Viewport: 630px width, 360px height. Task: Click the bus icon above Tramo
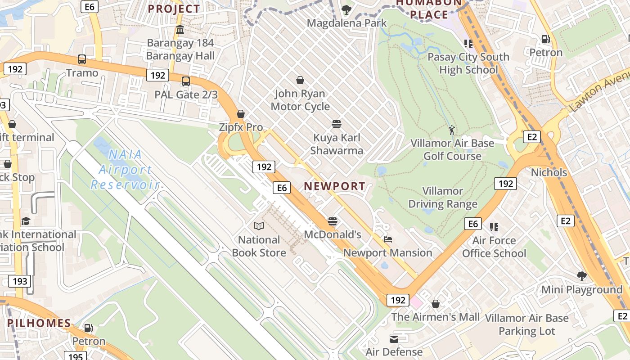(x=82, y=59)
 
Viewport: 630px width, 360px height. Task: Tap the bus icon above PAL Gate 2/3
(x=186, y=81)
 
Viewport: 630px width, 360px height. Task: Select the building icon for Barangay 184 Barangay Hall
(x=180, y=30)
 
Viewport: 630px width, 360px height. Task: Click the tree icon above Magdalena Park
(x=346, y=9)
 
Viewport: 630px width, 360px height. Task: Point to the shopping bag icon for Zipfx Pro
(x=241, y=114)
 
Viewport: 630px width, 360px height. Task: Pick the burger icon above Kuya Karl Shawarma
(x=337, y=124)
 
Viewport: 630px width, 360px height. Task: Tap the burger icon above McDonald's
(x=333, y=221)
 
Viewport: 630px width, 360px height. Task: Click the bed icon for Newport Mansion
(x=387, y=239)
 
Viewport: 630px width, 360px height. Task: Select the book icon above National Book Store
(x=259, y=226)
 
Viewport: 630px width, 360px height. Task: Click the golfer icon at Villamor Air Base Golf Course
(x=452, y=130)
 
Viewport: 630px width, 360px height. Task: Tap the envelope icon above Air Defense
(x=394, y=339)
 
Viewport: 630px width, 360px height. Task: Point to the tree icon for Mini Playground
(x=581, y=276)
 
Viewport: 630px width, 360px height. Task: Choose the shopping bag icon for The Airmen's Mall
(x=435, y=304)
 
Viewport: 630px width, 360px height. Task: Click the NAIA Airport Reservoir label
(x=125, y=170)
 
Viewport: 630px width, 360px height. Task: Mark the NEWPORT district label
(x=334, y=186)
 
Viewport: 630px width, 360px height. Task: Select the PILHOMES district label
(x=39, y=323)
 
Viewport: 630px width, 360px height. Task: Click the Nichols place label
(x=549, y=172)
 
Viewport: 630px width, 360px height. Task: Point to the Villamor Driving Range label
(x=442, y=198)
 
